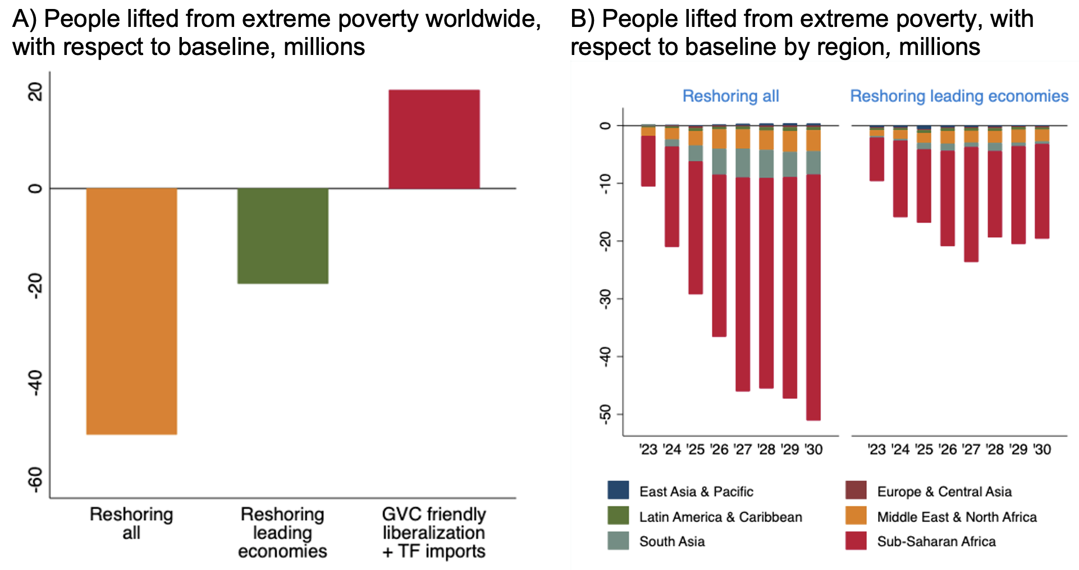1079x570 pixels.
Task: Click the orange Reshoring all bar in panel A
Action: click(131, 311)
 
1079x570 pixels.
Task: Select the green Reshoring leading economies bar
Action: click(282, 236)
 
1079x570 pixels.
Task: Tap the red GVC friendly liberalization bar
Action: click(434, 139)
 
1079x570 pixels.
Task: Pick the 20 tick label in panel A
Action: click(35, 91)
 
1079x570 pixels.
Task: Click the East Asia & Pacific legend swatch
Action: click(618, 490)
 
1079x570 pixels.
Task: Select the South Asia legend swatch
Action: click(618, 541)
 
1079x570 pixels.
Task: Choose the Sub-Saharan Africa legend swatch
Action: click(856, 541)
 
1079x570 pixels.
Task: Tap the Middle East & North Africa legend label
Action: click(957, 517)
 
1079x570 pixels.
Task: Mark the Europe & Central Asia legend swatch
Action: click(856, 490)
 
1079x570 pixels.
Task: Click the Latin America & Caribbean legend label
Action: click(720, 517)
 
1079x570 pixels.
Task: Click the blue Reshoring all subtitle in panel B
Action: click(730, 96)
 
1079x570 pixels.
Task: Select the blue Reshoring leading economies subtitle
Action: click(959, 96)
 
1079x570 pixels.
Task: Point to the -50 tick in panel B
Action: click(605, 415)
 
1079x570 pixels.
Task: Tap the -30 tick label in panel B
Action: click(605, 299)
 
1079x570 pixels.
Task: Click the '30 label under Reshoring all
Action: click(813, 449)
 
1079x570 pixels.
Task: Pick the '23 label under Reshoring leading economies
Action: click(876, 449)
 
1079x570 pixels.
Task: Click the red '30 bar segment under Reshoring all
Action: click(813, 297)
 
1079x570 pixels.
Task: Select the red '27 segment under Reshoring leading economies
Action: click(971, 204)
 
